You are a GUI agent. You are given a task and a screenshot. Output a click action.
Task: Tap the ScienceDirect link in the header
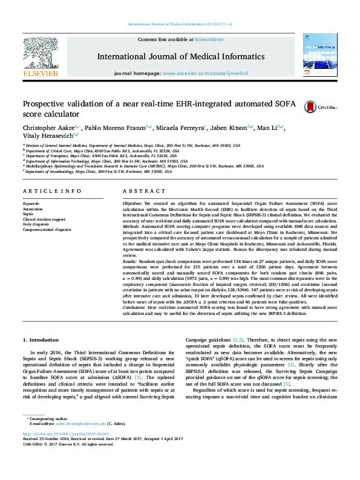pos(209,39)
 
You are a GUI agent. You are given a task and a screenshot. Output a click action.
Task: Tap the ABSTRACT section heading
pos(140,191)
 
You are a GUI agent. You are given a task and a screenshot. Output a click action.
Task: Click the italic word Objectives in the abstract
pos(135,204)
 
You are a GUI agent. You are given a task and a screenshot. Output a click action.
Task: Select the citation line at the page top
pos(179,25)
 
